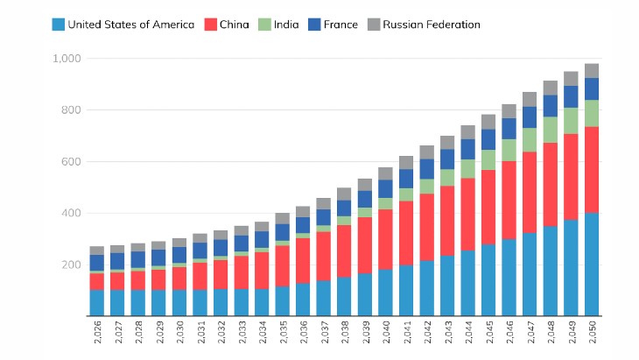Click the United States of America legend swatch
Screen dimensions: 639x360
pos(59,25)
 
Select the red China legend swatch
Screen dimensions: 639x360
pos(210,25)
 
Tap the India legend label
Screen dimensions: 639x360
pos(286,25)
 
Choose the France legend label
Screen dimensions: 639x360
pos(341,25)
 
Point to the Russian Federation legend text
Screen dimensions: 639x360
pos(432,25)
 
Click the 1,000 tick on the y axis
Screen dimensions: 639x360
pos(67,59)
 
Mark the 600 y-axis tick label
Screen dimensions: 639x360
pos(71,162)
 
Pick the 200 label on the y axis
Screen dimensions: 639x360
pos(71,265)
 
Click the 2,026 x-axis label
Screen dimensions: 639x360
pos(97,332)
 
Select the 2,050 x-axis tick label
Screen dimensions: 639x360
pos(592,332)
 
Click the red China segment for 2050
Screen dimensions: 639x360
pos(592,170)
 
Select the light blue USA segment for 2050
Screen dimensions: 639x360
pos(592,265)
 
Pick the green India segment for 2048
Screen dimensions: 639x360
pos(551,130)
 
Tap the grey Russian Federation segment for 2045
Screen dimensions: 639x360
pos(488,122)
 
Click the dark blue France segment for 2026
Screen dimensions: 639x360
pos(97,263)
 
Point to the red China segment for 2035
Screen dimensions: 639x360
pos(283,265)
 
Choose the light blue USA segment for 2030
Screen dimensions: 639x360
pos(179,303)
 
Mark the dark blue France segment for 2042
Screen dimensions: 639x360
pos(427,169)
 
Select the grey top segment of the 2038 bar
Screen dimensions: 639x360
pos(344,194)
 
